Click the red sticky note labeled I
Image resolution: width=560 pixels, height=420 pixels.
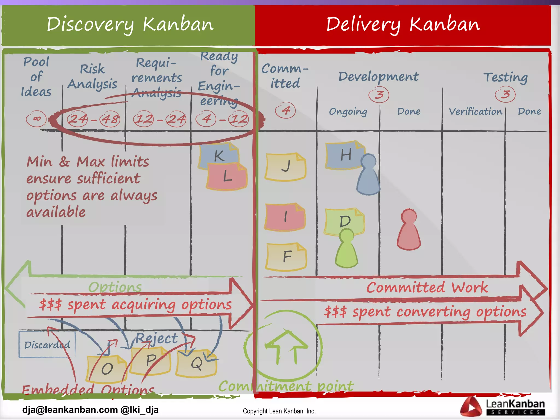(285, 217)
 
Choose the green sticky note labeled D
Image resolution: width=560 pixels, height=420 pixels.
(344, 220)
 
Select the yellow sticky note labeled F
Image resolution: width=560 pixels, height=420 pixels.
(286, 256)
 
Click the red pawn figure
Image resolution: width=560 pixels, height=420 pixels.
(409, 230)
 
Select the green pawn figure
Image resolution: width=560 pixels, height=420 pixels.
(346, 249)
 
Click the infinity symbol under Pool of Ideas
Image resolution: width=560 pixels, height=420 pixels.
(36, 119)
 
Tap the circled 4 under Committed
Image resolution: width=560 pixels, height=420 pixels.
(285, 110)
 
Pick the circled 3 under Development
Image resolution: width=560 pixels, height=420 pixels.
(379, 95)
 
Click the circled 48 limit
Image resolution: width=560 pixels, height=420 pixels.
(110, 119)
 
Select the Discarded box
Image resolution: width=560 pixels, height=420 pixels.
(47, 345)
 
